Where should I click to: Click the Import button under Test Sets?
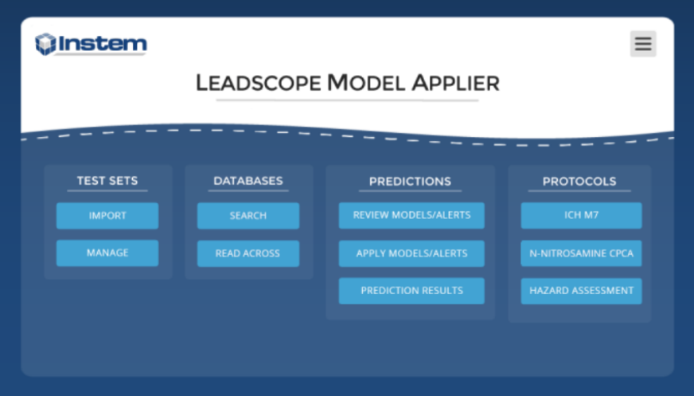107,216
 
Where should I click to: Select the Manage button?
107,253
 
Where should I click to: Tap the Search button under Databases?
248,216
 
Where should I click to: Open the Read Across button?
248,253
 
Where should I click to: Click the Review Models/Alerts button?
411,215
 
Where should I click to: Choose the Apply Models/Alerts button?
411,253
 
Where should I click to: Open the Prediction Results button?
411,291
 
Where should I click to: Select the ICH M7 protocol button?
581,215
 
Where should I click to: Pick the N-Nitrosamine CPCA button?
581,253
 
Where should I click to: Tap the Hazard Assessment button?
581,291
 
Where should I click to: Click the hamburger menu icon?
643,44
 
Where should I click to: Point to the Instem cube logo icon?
45,44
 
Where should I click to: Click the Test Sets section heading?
107,181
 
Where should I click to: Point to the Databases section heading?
248,181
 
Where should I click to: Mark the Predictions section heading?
410,182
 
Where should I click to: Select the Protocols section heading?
579,182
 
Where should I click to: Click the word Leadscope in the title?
259,83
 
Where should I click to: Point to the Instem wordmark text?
102,44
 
